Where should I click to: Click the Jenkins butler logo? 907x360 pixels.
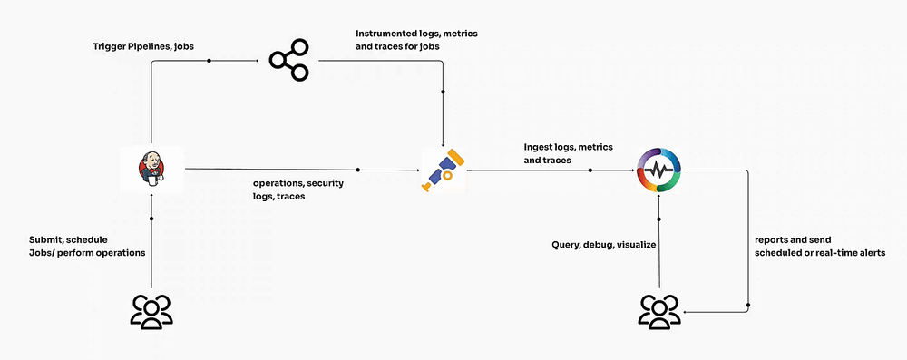(152, 168)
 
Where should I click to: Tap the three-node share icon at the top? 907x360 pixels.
(288, 61)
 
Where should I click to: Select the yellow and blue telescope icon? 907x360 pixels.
(443, 170)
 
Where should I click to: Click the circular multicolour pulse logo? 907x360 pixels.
(660, 170)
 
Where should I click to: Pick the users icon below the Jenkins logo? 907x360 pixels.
(152, 310)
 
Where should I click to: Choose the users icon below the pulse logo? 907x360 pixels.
(660, 310)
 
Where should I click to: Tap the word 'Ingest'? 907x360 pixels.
(540, 147)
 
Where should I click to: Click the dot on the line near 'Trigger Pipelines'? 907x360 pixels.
(210, 61)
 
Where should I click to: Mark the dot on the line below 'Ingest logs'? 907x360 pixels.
(590, 169)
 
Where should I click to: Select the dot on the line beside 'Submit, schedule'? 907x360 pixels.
(152, 219)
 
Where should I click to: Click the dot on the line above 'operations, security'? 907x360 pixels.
(359, 169)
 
